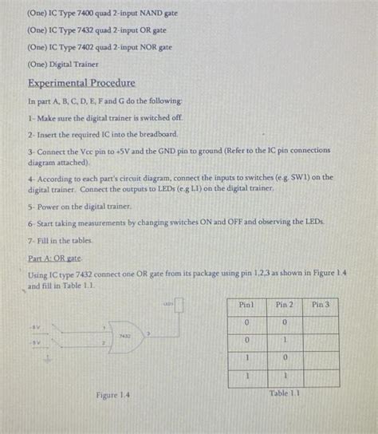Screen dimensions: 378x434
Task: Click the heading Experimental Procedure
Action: [x=81, y=83]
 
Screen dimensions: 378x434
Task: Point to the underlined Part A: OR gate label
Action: [x=55, y=258]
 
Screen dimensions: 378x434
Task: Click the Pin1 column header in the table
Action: [x=247, y=305]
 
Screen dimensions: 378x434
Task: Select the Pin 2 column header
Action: [x=284, y=305]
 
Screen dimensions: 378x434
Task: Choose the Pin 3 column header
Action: [x=321, y=305]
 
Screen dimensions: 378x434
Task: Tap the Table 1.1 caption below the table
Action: [x=285, y=393]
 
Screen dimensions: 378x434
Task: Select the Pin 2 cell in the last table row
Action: [x=284, y=375]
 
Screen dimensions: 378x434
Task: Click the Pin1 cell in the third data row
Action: [x=247, y=357]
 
